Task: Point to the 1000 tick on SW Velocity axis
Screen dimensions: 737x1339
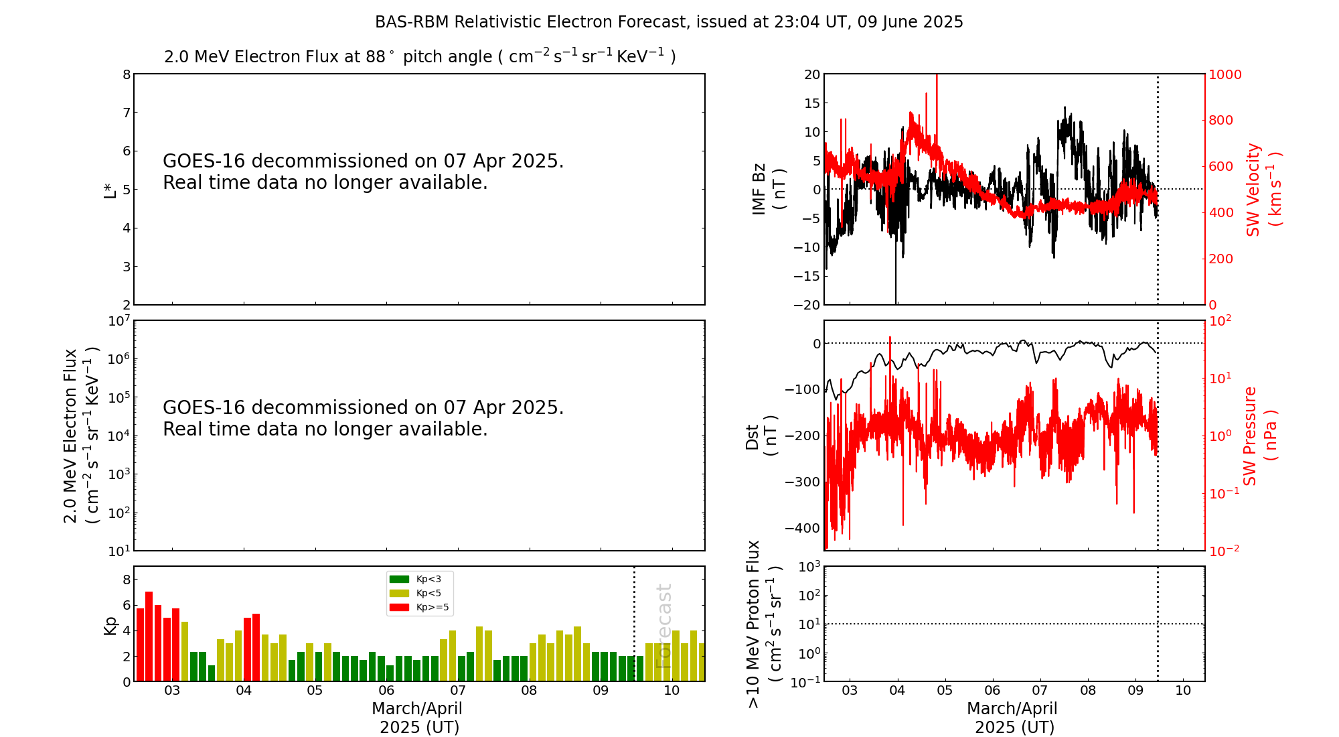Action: coord(1225,74)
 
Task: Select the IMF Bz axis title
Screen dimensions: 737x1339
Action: coord(768,190)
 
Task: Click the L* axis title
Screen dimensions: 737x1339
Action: coord(110,190)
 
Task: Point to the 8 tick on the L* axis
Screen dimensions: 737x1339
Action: coord(127,74)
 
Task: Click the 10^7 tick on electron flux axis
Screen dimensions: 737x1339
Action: coord(119,321)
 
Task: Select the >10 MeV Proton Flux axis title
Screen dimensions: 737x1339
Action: coord(764,624)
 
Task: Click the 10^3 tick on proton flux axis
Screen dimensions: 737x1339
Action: coord(809,567)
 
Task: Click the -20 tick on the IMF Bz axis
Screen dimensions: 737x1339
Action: coord(807,305)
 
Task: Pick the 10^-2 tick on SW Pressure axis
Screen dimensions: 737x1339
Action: coord(1225,551)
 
